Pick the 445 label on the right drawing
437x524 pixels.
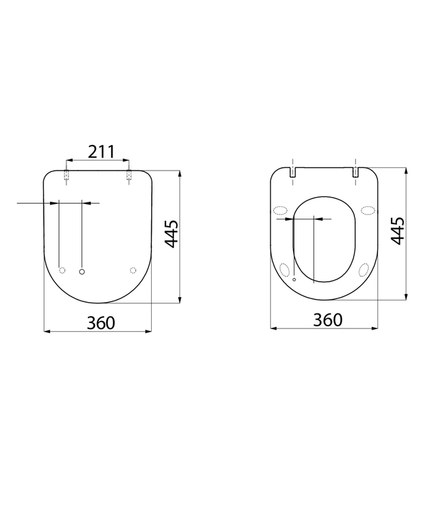[x=398, y=231]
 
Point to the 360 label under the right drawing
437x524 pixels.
[x=328, y=320]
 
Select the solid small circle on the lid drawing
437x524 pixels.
[x=83, y=271]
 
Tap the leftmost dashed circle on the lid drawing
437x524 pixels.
[x=62, y=271]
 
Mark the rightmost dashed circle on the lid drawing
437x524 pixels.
[x=133, y=271]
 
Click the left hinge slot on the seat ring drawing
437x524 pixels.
[x=292, y=173]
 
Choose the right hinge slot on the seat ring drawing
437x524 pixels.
[x=356, y=173]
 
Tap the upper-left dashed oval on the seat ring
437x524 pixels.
[x=280, y=210]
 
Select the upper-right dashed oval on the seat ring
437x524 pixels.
[x=368, y=210]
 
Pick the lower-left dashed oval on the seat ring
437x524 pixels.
[x=284, y=269]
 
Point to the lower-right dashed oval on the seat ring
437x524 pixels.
[x=364, y=269]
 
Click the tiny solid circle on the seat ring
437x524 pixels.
[x=294, y=278]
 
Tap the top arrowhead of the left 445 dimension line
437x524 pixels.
[x=180, y=173]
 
